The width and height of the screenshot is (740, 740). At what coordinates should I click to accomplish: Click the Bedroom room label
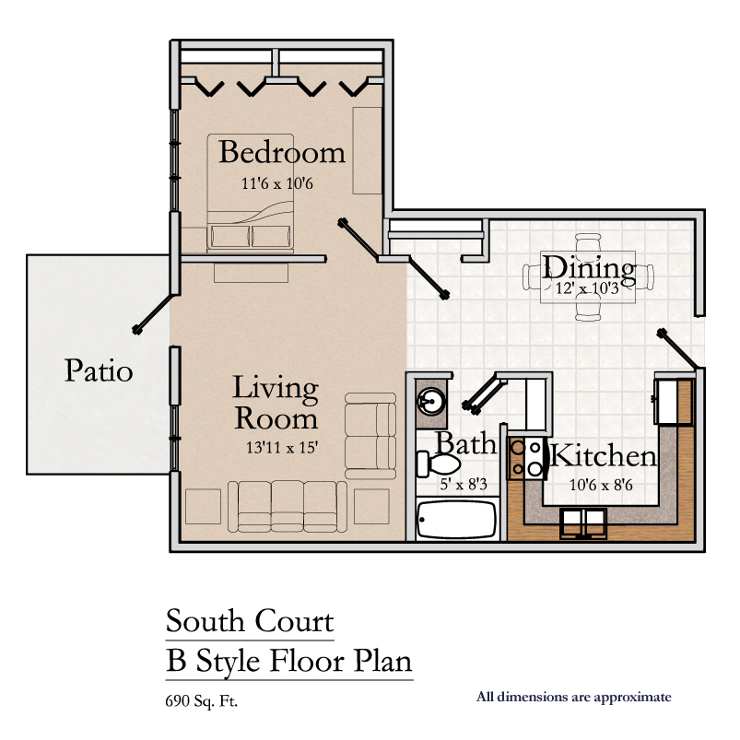coord(282,152)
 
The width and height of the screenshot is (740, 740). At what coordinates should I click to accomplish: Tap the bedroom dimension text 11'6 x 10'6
coord(277,183)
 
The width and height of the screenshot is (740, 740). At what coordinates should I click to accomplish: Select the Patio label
coord(99,370)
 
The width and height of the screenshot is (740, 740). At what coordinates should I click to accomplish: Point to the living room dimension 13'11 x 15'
coord(282,447)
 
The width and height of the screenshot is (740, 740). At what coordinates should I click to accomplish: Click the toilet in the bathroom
coord(438,464)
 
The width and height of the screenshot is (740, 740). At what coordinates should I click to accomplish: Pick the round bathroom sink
coord(430,402)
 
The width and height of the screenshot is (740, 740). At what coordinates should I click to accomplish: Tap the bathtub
coord(456,519)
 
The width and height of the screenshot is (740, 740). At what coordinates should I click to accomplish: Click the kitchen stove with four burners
coord(526,458)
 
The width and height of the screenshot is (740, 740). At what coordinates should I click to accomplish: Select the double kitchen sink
coord(583,523)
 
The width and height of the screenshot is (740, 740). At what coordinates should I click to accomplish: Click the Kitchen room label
coord(603,456)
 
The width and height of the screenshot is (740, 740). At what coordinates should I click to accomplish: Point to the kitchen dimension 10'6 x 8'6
coord(601,485)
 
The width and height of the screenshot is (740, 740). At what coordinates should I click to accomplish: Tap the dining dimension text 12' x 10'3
coord(587,288)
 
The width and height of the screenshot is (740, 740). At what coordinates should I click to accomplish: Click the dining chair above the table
coord(588,241)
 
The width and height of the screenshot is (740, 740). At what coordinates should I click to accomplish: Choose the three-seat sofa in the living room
coord(288,507)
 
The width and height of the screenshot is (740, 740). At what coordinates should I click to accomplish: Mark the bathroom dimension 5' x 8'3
coord(464,484)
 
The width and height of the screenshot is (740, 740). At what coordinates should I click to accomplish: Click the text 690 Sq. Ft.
coord(202,701)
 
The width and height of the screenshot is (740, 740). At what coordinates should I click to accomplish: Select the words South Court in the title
coord(250,620)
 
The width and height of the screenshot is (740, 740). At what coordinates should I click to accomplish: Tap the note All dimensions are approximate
coord(573,697)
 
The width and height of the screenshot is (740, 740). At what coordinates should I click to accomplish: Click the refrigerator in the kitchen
coord(536,405)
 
